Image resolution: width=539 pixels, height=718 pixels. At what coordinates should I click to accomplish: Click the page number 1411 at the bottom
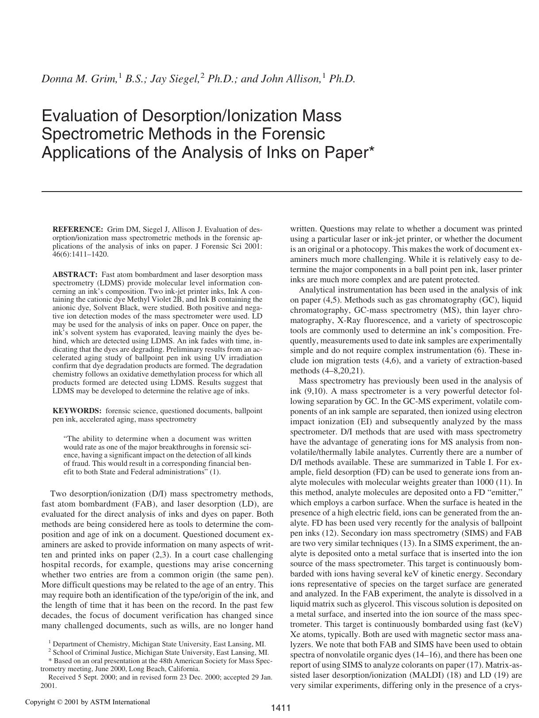280,708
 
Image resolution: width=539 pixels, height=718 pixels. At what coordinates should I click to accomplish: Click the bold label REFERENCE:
77,230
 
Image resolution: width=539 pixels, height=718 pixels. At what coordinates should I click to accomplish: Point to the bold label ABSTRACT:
75,275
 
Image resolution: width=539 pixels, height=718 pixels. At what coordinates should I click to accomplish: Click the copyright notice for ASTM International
88,702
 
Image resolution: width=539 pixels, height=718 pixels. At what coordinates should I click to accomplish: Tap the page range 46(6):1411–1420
80,254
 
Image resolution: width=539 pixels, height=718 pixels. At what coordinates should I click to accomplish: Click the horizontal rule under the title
282,192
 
